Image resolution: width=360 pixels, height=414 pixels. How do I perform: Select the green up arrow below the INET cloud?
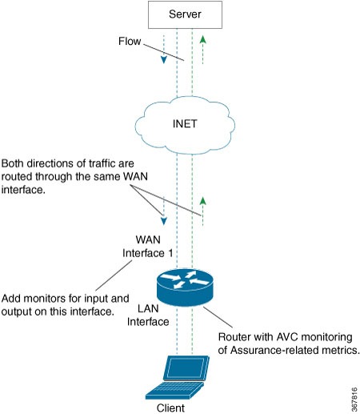[203, 200]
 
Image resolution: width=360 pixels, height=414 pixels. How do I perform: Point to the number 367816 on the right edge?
[352, 392]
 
